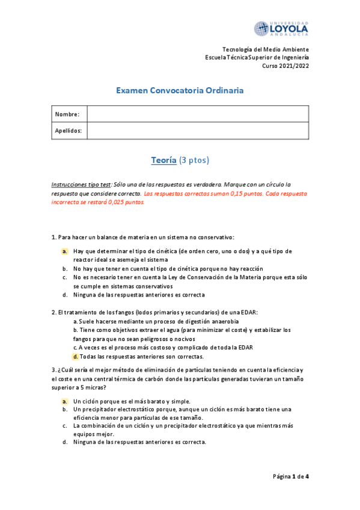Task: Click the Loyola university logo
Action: (281, 28)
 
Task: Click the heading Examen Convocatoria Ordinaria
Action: (180, 91)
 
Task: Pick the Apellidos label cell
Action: (69, 131)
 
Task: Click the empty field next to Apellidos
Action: (198, 131)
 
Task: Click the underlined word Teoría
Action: (163, 161)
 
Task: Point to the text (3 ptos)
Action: (195, 161)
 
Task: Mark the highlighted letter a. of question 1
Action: (64, 251)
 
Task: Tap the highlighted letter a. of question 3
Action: (64, 401)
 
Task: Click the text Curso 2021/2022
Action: (285, 66)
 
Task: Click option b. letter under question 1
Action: (64, 268)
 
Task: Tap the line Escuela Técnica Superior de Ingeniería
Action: (257, 57)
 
